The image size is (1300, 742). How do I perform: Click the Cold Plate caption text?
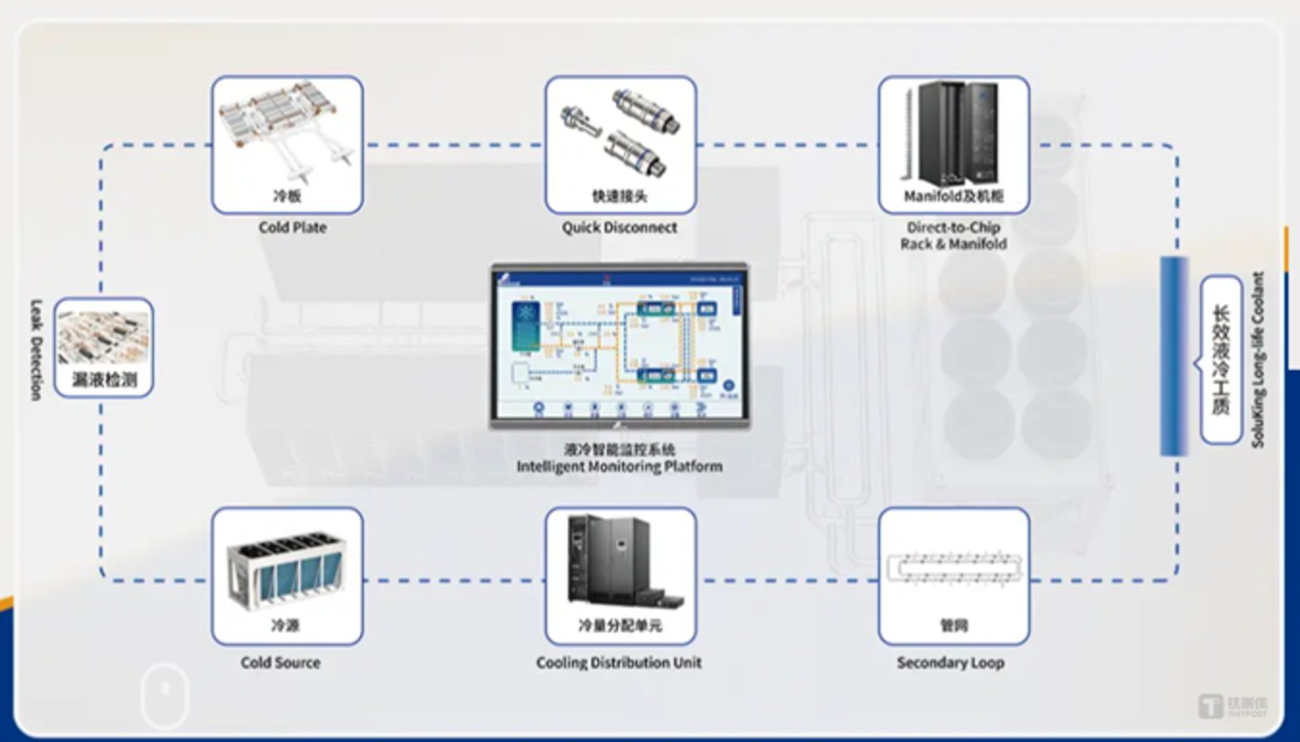(x=293, y=228)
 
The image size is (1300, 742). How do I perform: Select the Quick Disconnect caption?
(x=620, y=228)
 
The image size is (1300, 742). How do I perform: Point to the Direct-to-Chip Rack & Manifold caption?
(x=953, y=236)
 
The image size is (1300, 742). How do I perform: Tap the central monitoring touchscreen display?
(x=620, y=345)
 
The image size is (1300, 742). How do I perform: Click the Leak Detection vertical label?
(x=36, y=350)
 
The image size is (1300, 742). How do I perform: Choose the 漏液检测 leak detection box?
(x=104, y=348)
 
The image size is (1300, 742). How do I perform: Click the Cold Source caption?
(x=281, y=662)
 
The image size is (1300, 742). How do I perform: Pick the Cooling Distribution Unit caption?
(x=619, y=662)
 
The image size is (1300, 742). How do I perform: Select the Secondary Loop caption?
(x=950, y=662)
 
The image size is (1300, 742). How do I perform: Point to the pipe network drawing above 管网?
(x=954, y=568)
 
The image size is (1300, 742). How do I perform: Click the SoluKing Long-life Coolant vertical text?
(x=1258, y=360)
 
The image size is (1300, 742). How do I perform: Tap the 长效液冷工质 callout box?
(x=1221, y=360)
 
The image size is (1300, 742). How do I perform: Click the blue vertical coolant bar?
(x=1174, y=356)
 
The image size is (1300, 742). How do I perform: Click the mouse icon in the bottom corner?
(x=165, y=697)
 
